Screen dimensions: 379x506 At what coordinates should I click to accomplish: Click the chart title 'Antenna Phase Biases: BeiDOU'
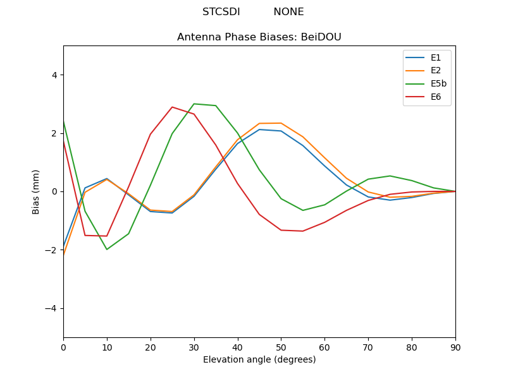[x=259, y=37]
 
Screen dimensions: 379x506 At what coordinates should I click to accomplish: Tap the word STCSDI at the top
[x=221, y=12]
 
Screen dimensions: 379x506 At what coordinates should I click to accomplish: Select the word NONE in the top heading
[x=288, y=12]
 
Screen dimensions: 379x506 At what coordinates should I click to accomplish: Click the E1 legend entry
[x=436, y=57]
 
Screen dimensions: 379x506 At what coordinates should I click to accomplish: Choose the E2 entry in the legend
[x=436, y=70]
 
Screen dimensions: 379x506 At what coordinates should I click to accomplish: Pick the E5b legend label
[x=438, y=83]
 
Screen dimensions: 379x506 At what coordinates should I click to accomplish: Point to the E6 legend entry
[x=436, y=97]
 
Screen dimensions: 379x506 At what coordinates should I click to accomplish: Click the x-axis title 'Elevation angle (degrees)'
[x=259, y=360]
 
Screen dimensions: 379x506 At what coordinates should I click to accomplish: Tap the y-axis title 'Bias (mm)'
[x=37, y=191]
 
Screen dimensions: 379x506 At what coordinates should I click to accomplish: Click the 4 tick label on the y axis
[x=54, y=75]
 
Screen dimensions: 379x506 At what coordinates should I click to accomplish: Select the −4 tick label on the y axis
[x=51, y=308]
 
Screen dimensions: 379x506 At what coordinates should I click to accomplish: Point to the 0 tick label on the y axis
[x=54, y=191]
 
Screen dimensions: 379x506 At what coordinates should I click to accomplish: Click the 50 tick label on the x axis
[x=281, y=347]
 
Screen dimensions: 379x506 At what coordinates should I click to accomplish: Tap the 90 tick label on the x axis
[x=455, y=347]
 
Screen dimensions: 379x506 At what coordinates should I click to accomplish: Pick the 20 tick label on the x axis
[x=151, y=347]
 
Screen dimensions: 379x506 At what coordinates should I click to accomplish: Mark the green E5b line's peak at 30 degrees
[x=194, y=104]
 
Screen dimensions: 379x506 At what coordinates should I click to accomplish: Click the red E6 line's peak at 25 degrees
[x=172, y=107]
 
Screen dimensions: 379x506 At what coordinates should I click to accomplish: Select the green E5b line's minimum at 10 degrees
[x=107, y=250]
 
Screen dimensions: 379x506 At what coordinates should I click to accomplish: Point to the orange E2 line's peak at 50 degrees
[x=281, y=123]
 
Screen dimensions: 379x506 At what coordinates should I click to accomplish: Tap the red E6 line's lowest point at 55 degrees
[x=303, y=231]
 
